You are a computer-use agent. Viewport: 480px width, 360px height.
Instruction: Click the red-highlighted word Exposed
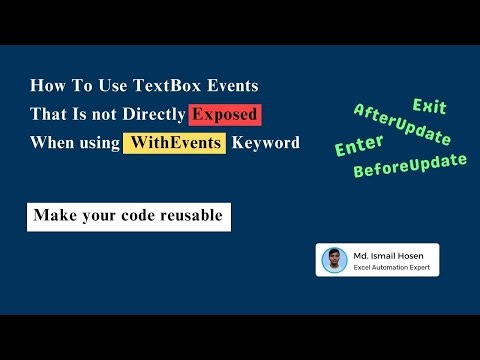click(225, 114)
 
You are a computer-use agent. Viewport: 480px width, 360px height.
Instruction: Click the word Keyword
click(265, 142)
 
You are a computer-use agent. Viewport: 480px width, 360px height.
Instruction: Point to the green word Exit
click(429, 106)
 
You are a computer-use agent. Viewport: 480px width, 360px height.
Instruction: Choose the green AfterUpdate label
click(401, 125)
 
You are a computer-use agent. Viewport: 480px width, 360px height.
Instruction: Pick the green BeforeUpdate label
click(410, 165)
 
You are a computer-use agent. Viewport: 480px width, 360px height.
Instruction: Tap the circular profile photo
click(334, 260)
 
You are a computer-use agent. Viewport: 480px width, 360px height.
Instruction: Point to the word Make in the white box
click(53, 216)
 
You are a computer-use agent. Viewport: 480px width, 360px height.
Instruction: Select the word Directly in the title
click(155, 114)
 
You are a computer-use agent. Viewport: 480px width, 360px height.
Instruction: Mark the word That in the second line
click(47, 114)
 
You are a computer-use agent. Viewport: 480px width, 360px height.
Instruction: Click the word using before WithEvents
click(97, 142)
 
